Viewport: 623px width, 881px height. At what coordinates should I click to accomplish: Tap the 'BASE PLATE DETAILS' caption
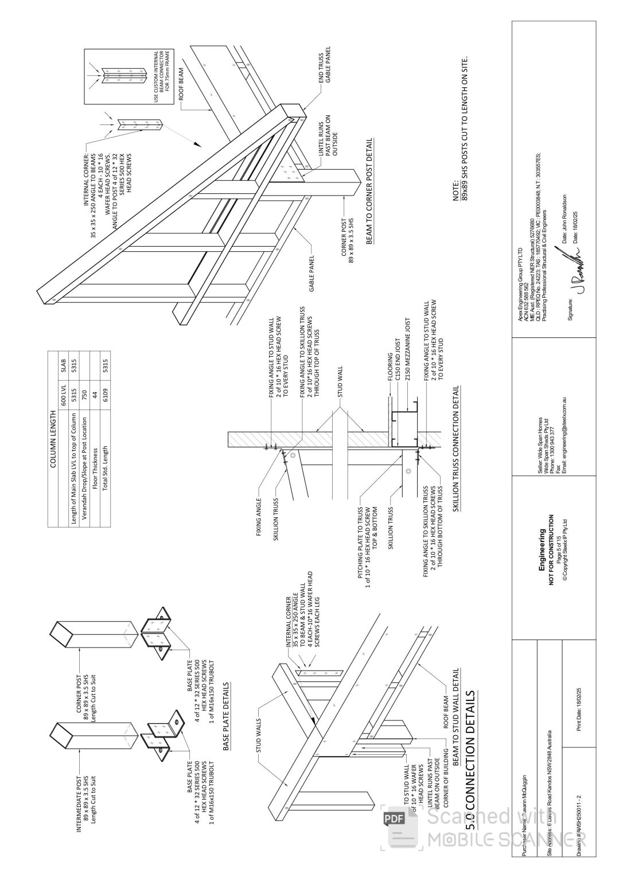tap(226, 716)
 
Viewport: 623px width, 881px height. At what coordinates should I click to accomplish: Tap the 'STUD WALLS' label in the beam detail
tap(259, 735)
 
